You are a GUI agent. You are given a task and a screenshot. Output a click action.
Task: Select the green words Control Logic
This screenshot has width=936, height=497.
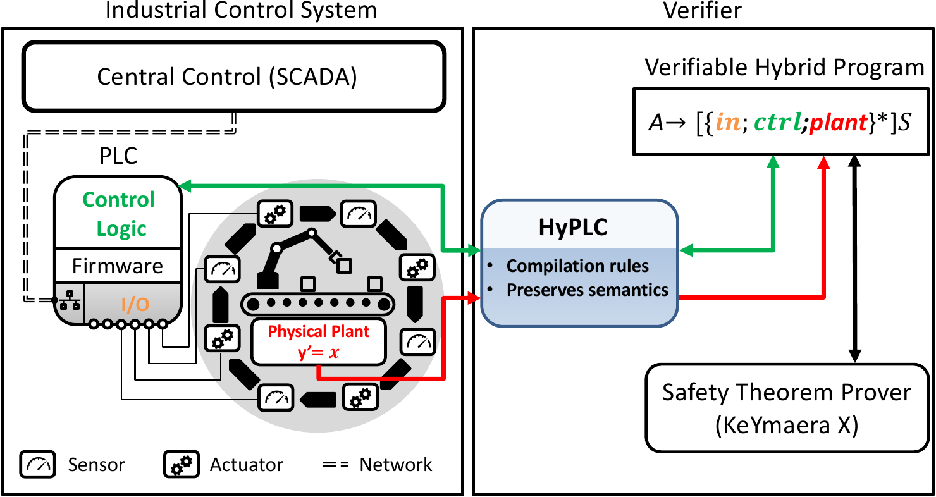coord(119,214)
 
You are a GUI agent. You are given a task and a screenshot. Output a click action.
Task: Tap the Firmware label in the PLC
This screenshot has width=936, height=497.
coord(118,266)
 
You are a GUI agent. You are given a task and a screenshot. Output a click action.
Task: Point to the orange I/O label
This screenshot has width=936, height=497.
coord(135,305)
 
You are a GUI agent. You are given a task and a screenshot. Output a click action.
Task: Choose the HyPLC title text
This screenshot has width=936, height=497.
coord(572,228)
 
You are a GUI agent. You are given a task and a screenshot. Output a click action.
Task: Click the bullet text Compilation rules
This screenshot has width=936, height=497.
coord(577,266)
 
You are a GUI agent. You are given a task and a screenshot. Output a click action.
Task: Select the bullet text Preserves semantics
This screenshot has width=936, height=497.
coord(588,290)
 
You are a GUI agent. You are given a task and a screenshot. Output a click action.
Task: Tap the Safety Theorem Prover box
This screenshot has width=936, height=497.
coord(786,408)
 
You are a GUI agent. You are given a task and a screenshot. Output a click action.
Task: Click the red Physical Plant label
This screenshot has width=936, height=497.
coord(318,331)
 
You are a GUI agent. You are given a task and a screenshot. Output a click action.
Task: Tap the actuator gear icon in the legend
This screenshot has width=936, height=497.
coord(182,465)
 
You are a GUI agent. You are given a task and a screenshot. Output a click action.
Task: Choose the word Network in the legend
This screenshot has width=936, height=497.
coord(395,465)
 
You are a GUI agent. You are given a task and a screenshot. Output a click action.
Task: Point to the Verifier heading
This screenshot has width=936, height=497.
coord(703,10)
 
